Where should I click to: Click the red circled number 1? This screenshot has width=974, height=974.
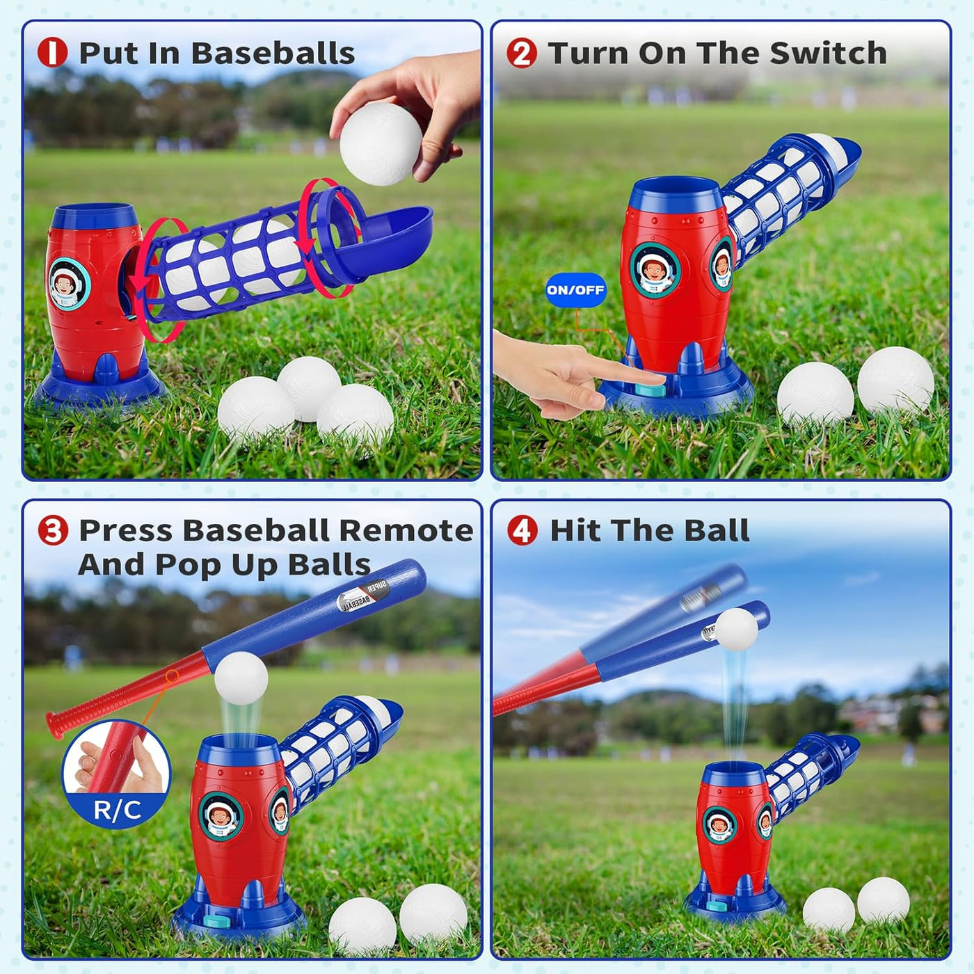pos(52,53)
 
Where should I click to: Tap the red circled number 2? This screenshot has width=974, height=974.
pos(522,53)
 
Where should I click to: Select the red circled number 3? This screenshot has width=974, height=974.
pos(52,530)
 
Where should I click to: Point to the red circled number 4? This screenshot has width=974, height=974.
pos(522,530)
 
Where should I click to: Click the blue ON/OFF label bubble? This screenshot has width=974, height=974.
pos(575,290)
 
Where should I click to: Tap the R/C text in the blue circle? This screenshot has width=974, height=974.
pos(117,810)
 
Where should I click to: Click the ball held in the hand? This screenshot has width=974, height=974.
pos(381,144)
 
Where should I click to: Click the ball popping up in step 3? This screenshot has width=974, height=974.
pos(241,678)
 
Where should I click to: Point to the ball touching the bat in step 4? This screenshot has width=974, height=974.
pos(736,630)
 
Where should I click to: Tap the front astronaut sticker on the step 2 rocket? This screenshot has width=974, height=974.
pos(655,270)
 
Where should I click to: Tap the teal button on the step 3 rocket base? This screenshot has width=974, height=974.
pos(218,921)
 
